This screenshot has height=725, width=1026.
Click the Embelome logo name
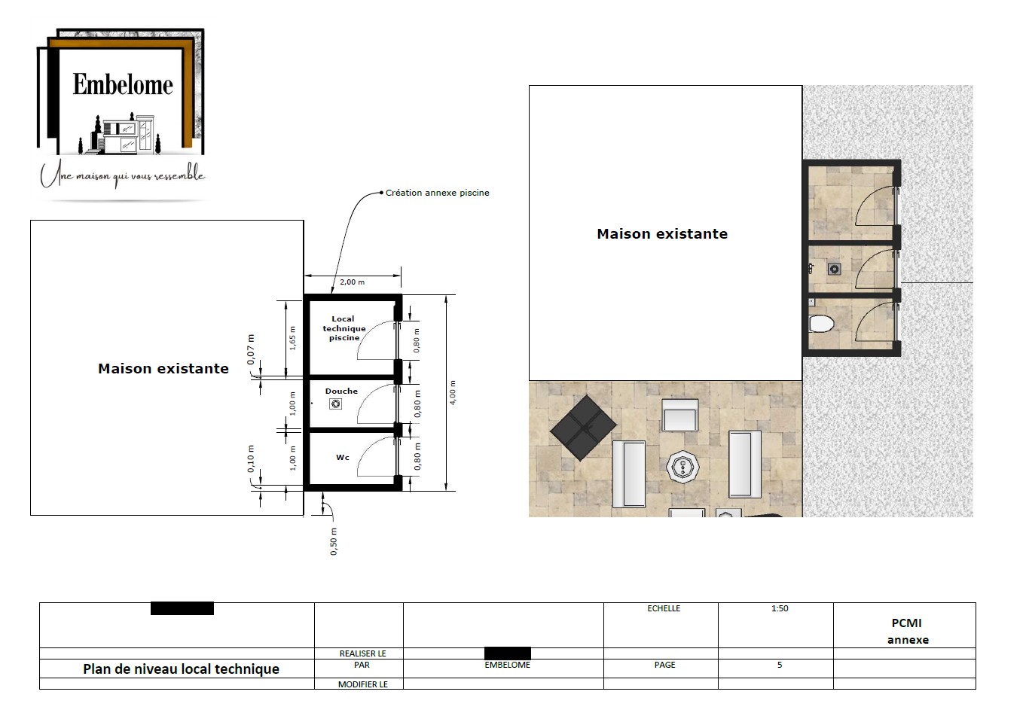coord(123,84)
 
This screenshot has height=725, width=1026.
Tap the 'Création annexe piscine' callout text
coord(437,193)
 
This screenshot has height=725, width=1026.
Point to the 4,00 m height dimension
coord(453,393)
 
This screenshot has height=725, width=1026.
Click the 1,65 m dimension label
coord(293,339)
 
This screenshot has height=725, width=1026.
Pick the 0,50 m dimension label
coord(334,541)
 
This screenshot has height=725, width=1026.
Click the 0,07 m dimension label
coord(251,349)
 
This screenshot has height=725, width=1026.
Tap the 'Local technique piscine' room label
coord(344,328)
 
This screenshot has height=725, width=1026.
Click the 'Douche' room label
coord(341,391)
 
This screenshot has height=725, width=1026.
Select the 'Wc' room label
coord(343,457)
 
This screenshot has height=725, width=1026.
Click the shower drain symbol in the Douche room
coord(336,404)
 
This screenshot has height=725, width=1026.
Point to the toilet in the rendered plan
coord(822,324)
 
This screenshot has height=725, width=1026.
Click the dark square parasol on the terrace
coord(584,428)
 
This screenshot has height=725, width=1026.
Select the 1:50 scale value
coord(780,608)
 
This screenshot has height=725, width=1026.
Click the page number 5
coord(780,665)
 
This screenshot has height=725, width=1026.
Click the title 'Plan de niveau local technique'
coord(181,669)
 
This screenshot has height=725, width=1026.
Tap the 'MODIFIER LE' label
coord(363,684)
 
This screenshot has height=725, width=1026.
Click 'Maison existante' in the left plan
coord(163,368)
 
